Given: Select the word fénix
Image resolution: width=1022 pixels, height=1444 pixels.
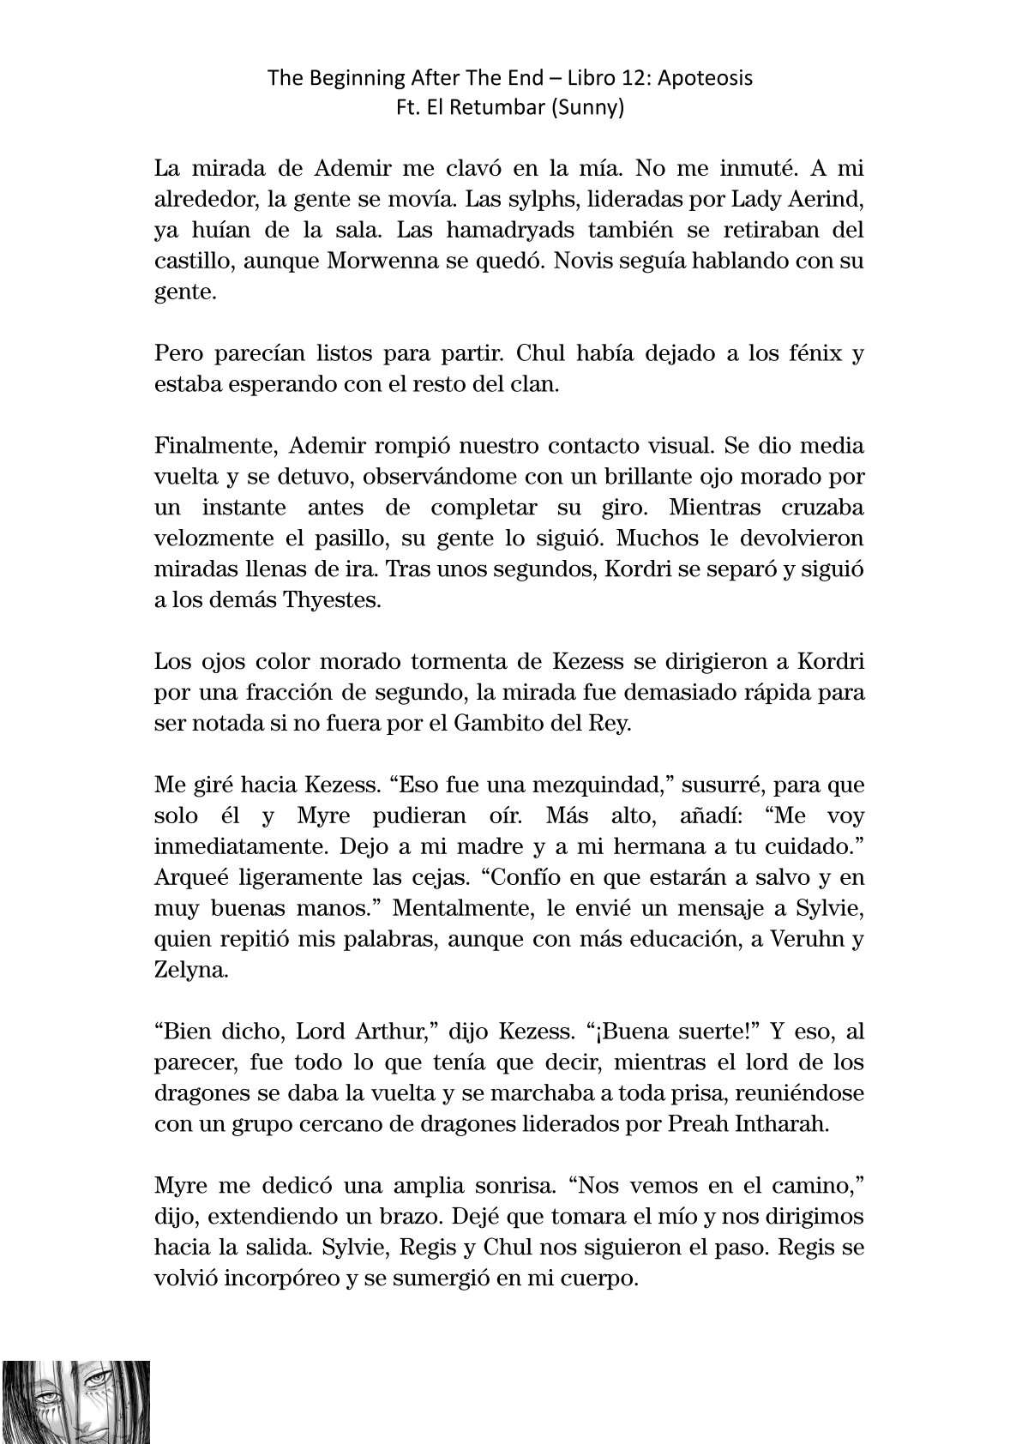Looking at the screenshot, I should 804,353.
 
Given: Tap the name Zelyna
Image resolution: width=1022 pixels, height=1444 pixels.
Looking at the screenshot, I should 191,970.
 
